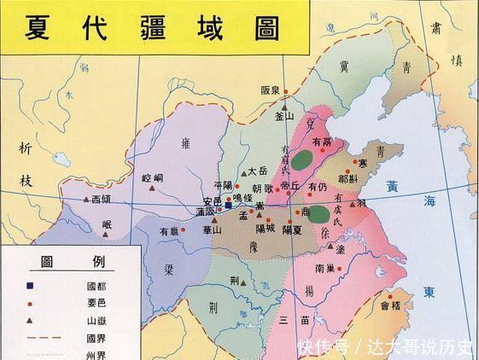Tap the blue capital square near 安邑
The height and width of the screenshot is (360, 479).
[229, 205]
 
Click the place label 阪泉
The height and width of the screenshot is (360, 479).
[271, 90]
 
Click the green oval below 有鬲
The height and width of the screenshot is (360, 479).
[301, 158]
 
